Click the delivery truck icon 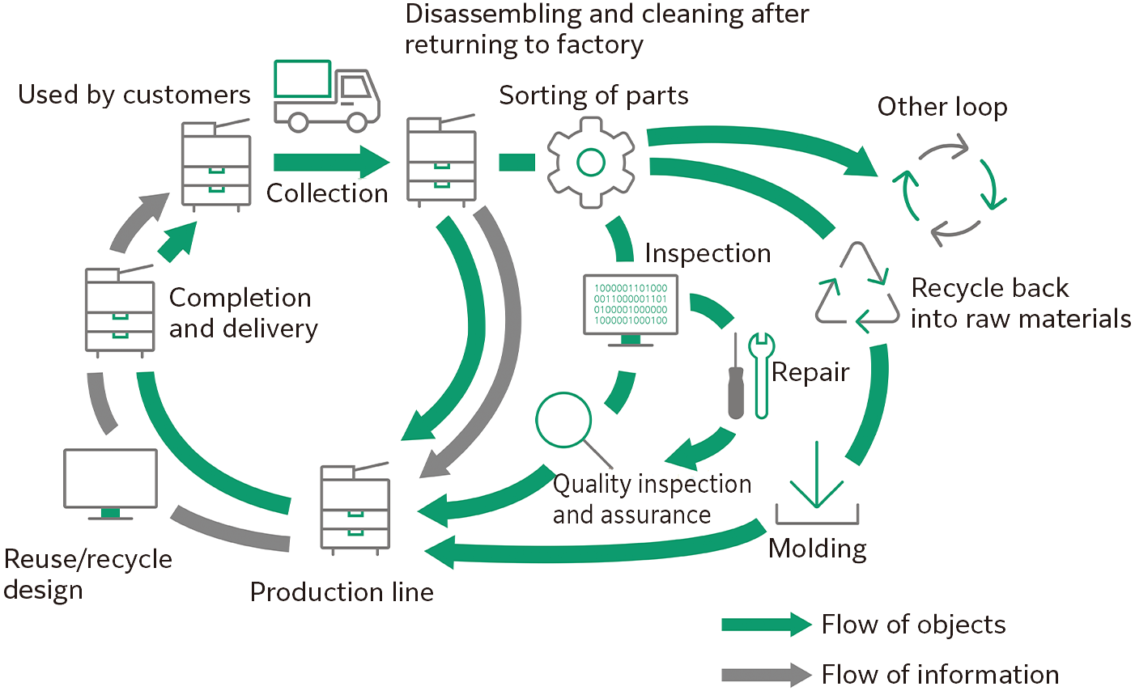326,96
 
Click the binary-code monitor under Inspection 631,310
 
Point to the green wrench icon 761,375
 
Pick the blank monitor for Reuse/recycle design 111,484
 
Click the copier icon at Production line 355,508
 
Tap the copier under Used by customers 215,164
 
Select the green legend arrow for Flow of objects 766,624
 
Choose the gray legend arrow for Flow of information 766,674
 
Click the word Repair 810,372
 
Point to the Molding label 817,549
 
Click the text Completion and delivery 243,313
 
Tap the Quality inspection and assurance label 652,499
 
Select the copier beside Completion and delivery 120,310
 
